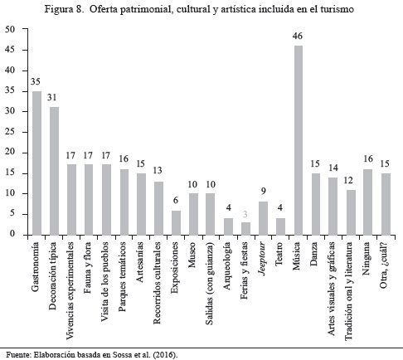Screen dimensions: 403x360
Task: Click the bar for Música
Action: pos(299,140)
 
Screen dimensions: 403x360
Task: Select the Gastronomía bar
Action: pos(37,163)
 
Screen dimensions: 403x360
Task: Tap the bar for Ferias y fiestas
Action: pos(245,229)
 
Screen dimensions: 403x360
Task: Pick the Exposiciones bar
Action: pos(176,223)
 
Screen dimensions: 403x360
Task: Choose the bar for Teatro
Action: pos(280,226)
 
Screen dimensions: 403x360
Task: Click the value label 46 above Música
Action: pos(298,36)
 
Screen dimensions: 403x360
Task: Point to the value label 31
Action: pos(51,97)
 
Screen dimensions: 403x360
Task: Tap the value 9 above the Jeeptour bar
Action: pos(263,191)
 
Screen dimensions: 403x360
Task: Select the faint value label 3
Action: pos(245,214)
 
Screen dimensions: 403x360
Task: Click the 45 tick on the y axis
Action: pos(10,50)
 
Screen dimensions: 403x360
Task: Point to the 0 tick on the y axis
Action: pos(12,234)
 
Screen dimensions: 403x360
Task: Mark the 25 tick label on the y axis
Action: pos(10,132)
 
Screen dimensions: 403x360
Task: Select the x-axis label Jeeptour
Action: pos(263,259)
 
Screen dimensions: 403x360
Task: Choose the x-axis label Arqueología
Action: pos(227,266)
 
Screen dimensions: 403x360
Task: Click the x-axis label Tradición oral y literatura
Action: pos(348,291)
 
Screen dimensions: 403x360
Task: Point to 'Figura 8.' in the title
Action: pos(64,9)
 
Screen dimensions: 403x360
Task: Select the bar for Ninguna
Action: pos(367,202)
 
